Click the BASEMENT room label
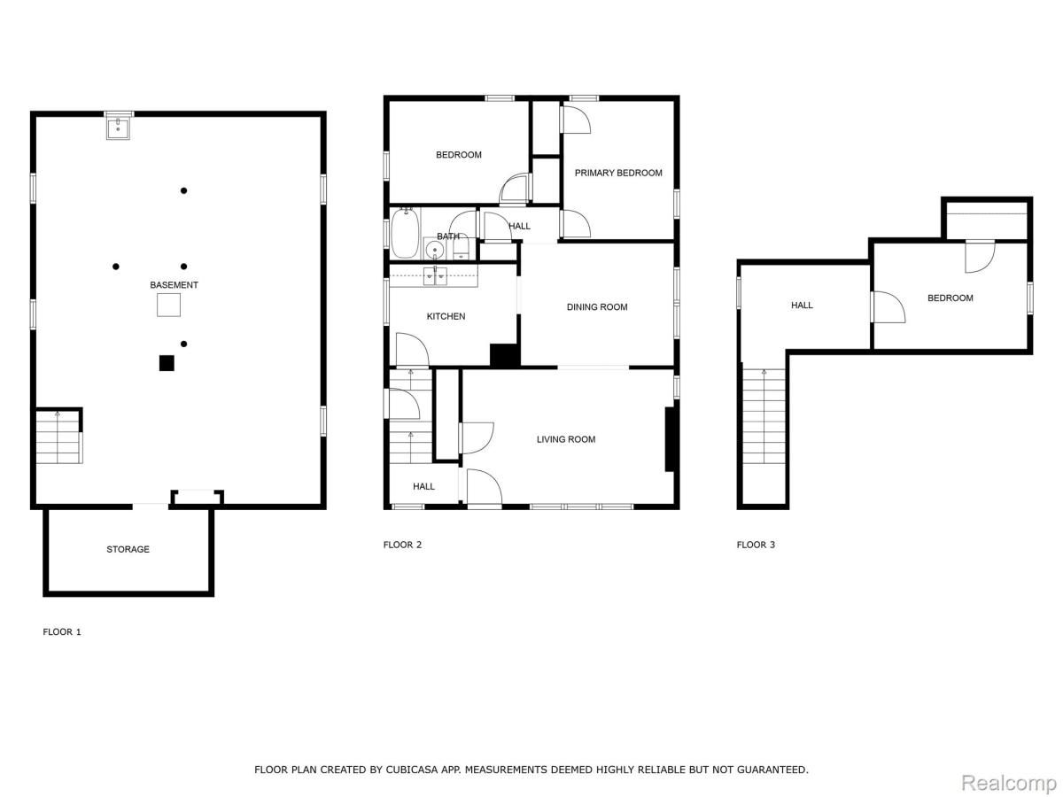coord(174,285)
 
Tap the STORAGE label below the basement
coord(128,549)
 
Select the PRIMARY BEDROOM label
coord(618,173)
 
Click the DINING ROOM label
coord(597,307)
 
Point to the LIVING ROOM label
coord(566,439)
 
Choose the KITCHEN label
coord(446,316)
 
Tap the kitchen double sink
coord(435,275)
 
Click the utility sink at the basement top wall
coord(119,128)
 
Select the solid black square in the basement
coord(167,362)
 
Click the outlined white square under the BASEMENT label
coord(169,306)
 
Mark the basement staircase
coord(58,438)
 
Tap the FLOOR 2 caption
coord(402,545)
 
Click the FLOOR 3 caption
coord(756,545)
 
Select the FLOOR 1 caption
coord(62,632)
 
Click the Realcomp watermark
coord(1008,783)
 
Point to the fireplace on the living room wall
coord(671,439)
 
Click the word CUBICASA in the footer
coord(409,770)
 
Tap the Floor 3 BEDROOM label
coord(950,298)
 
